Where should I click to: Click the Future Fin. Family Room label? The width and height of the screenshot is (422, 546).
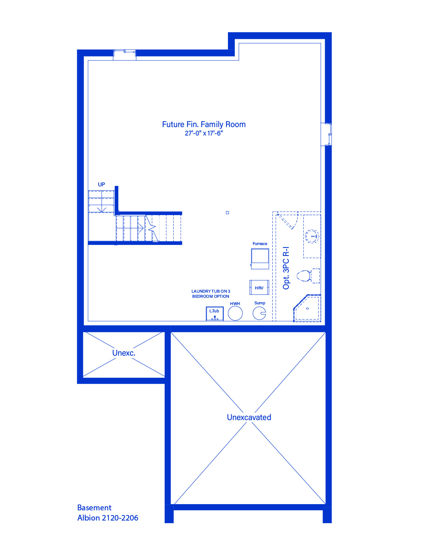204,124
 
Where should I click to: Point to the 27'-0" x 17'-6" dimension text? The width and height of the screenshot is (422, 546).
204,133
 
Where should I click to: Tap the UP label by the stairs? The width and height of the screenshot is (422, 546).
101,185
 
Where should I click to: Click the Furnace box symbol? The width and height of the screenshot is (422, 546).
260,259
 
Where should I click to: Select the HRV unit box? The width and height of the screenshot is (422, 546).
259,287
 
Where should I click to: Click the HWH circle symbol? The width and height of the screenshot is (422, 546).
235,313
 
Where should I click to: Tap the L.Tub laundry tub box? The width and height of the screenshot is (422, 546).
215,313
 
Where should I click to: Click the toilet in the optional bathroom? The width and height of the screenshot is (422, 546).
308,276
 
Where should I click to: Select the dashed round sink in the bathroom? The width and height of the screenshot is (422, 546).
312,236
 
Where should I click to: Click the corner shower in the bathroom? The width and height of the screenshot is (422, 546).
307,308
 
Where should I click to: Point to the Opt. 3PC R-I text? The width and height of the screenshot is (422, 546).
286,268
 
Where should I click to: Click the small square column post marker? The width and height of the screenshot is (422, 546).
227,213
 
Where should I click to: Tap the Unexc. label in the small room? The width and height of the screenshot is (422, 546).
124,353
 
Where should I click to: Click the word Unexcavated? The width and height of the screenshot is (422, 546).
249,418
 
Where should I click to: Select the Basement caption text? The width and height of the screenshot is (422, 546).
94,507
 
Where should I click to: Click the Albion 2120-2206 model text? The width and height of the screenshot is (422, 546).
107,518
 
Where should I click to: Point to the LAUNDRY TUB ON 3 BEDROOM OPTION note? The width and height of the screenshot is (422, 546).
210,294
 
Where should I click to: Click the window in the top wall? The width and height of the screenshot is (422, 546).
125,53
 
